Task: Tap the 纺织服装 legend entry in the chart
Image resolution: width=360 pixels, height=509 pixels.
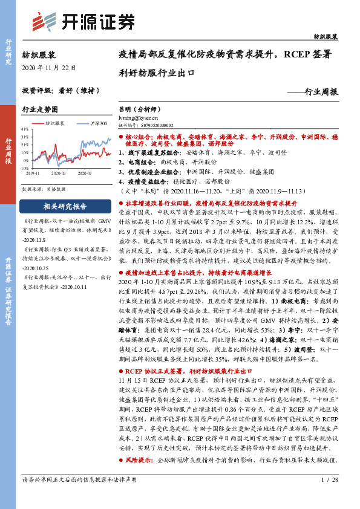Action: tap(51, 123)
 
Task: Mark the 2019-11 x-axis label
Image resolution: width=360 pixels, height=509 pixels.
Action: tap(33, 173)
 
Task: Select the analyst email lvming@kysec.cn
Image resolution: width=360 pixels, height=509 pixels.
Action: tap(138, 119)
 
